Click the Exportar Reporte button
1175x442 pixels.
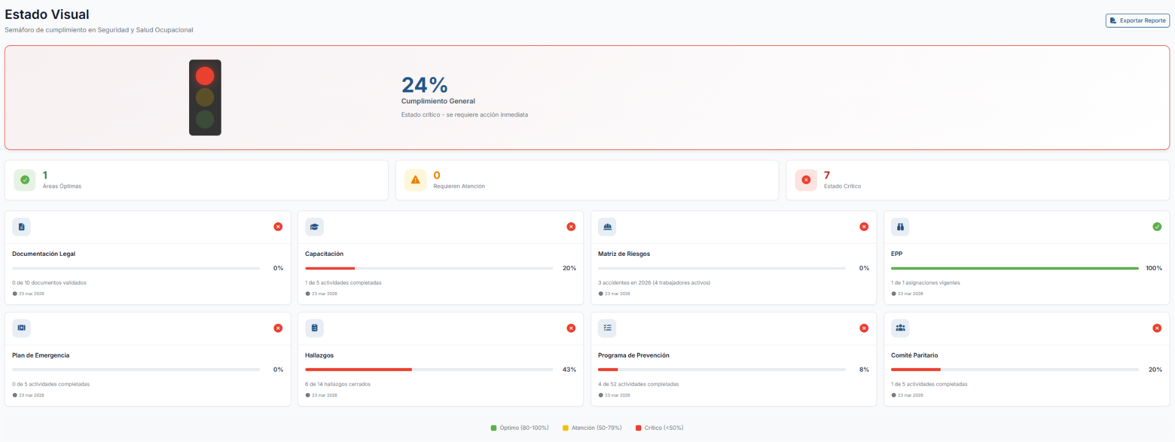click(x=1138, y=21)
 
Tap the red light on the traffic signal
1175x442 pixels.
click(x=205, y=76)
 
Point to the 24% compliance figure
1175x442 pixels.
click(x=425, y=84)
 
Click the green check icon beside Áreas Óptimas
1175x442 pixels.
click(x=24, y=180)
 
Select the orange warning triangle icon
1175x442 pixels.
click(x=416, y=180)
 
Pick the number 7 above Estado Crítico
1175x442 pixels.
click(x=827, y=175)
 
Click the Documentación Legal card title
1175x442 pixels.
click(x=43, y=253)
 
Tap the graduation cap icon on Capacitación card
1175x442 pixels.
click(x=315, y=227)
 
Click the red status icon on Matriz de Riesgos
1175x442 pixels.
click(x=864, y=227)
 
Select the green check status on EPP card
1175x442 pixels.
click(x=1157, y=227)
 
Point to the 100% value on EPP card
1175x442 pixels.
click(x=1154, y=268)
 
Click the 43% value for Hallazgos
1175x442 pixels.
click(x=569, y=370)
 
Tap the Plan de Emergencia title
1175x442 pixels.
click(x=40, y=355)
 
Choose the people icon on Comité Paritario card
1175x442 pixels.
click(x=900, y=328)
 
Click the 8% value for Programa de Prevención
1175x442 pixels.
click(x=864, y=370)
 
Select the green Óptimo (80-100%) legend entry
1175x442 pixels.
click(x=520, y=428)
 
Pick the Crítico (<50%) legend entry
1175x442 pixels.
click(x=660, y=428)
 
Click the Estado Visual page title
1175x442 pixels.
click(x=47, y=14)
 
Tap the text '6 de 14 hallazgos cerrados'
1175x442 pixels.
click(x=338, y=384)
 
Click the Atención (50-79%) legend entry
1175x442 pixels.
click(x=592, y=428)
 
